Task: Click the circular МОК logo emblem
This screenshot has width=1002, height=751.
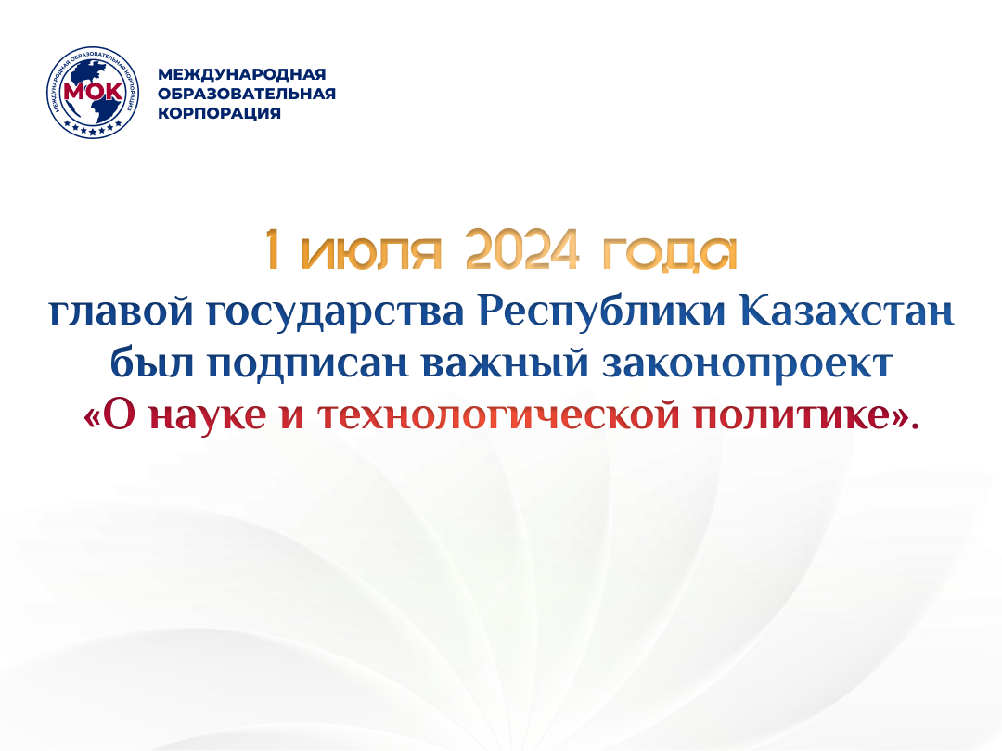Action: coord(93,93)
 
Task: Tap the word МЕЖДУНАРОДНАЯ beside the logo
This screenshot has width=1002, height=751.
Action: coord(241,74)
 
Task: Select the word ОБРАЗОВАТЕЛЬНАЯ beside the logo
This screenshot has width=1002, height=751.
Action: coord(247,94)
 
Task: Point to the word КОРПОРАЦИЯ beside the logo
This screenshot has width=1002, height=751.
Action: coord(219,113)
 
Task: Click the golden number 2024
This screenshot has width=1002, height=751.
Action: coord(522,249)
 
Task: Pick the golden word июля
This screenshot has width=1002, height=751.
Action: coord(371,253)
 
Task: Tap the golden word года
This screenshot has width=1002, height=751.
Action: coord(670,253)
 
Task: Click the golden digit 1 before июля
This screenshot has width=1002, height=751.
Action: coord(273,249)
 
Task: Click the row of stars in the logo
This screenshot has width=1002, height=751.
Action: coord(94,129)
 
